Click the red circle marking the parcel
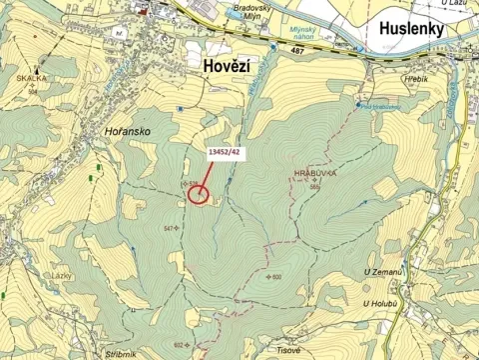(x=198, y=193)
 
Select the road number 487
(x=294, y=61)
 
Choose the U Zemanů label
(x=382, y=272)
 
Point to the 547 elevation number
(x=168, y=229)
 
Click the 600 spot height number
(x=276, y=277)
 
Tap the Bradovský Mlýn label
(x=253, y=12)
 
